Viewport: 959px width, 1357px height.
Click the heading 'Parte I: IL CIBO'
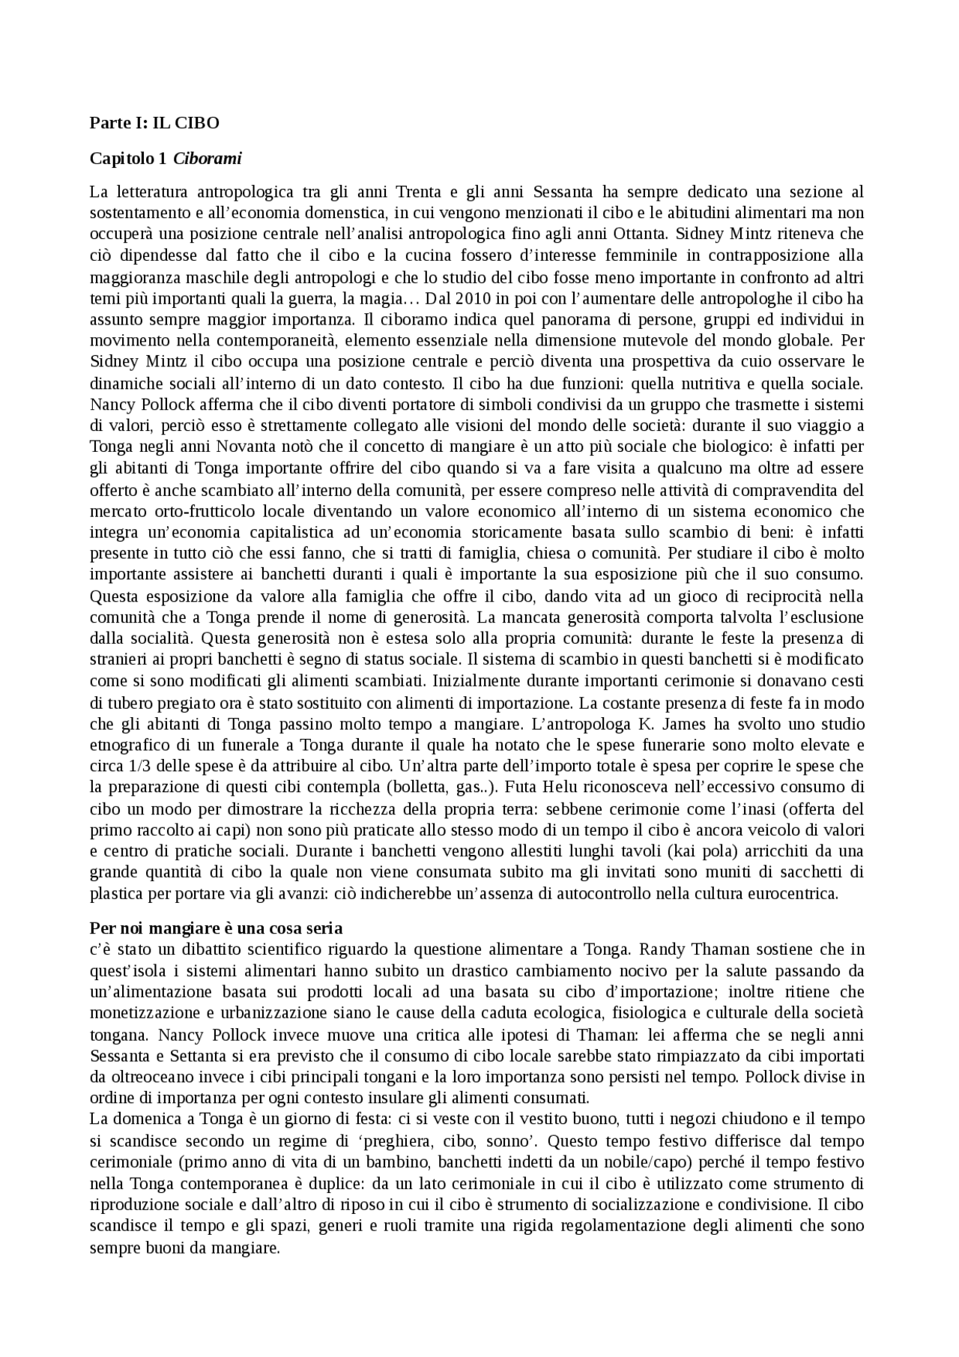(154, 123)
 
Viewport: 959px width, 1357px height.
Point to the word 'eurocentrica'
(796, 894)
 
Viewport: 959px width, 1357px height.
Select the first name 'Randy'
(661, 949)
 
